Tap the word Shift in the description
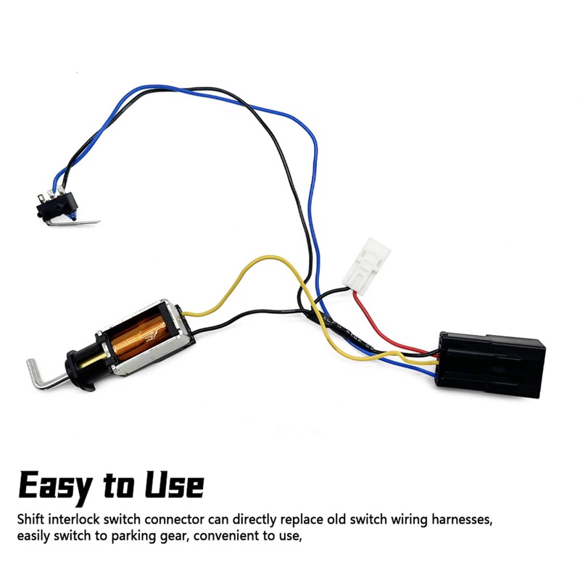33,521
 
